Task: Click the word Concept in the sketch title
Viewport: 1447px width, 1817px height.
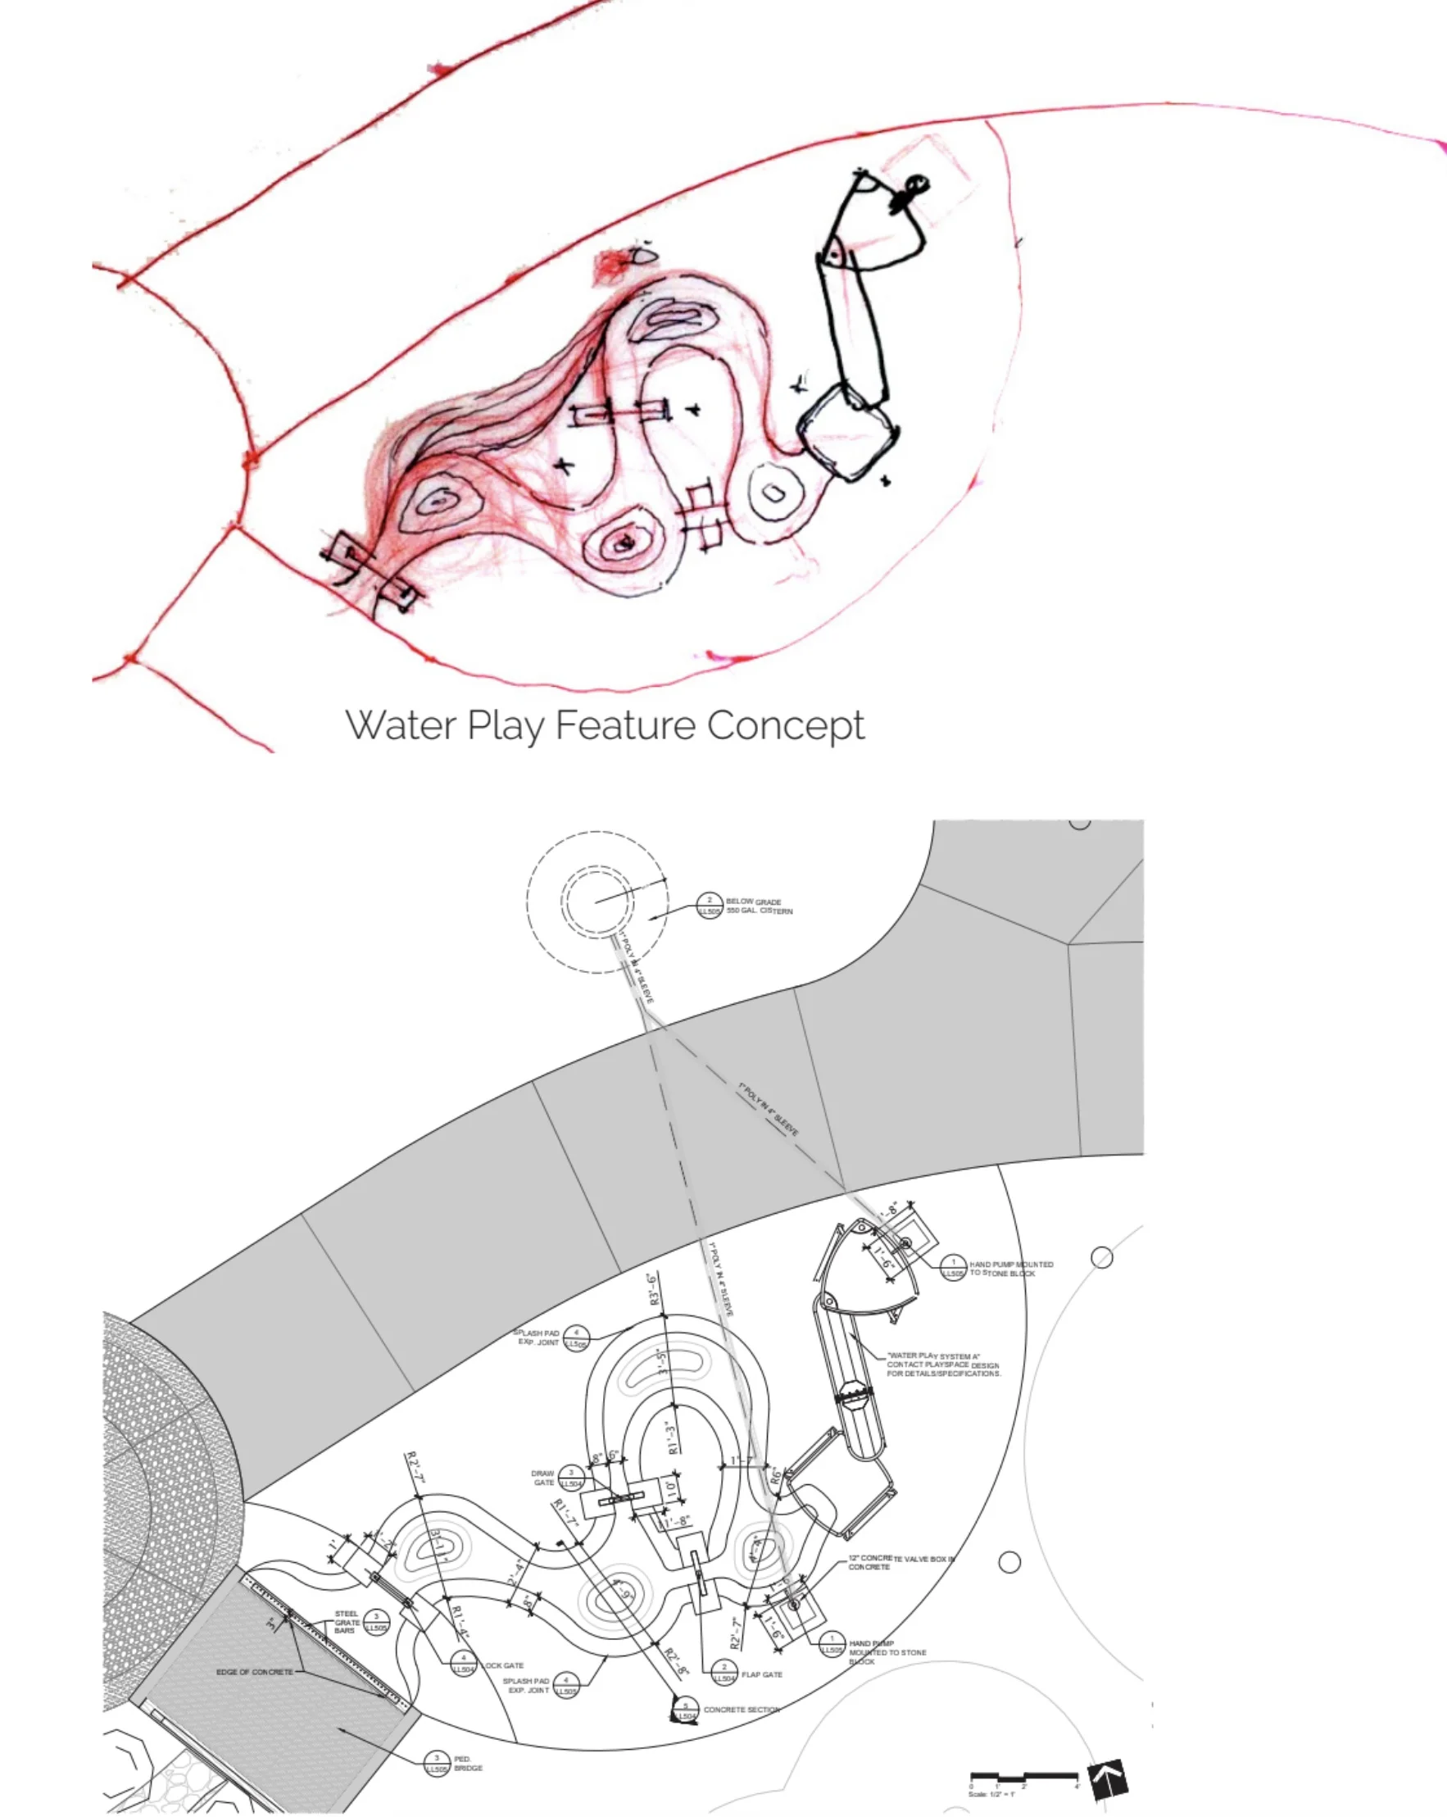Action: (x=786, y=725)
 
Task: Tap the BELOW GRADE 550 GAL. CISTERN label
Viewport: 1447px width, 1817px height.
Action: (x=759, y=906)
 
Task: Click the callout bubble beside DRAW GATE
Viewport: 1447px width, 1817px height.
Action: (x=571, y=1479)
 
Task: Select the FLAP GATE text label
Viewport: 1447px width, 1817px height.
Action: (x=762, y=1674)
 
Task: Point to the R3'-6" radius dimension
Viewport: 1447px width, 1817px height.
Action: (x=655, y=1289)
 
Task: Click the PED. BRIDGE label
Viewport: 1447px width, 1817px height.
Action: (x=468, y=1763)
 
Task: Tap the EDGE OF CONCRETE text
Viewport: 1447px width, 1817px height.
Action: (x=255, y=1671)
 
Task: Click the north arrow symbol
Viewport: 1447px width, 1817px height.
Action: (x=1107, y=1779)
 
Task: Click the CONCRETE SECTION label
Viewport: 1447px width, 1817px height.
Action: (x=741, y=1710)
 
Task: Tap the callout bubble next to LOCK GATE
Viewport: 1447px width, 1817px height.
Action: (x=463, y=1664)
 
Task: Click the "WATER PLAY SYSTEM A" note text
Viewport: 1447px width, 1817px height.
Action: (x=942, y=1365)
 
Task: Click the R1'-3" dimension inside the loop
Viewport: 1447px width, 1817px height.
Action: (x=673, y=1438)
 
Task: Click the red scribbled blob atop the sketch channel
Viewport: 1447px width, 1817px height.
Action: (x=612, y=265)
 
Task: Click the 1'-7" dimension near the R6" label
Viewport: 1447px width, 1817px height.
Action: (x=741, y=1461)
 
